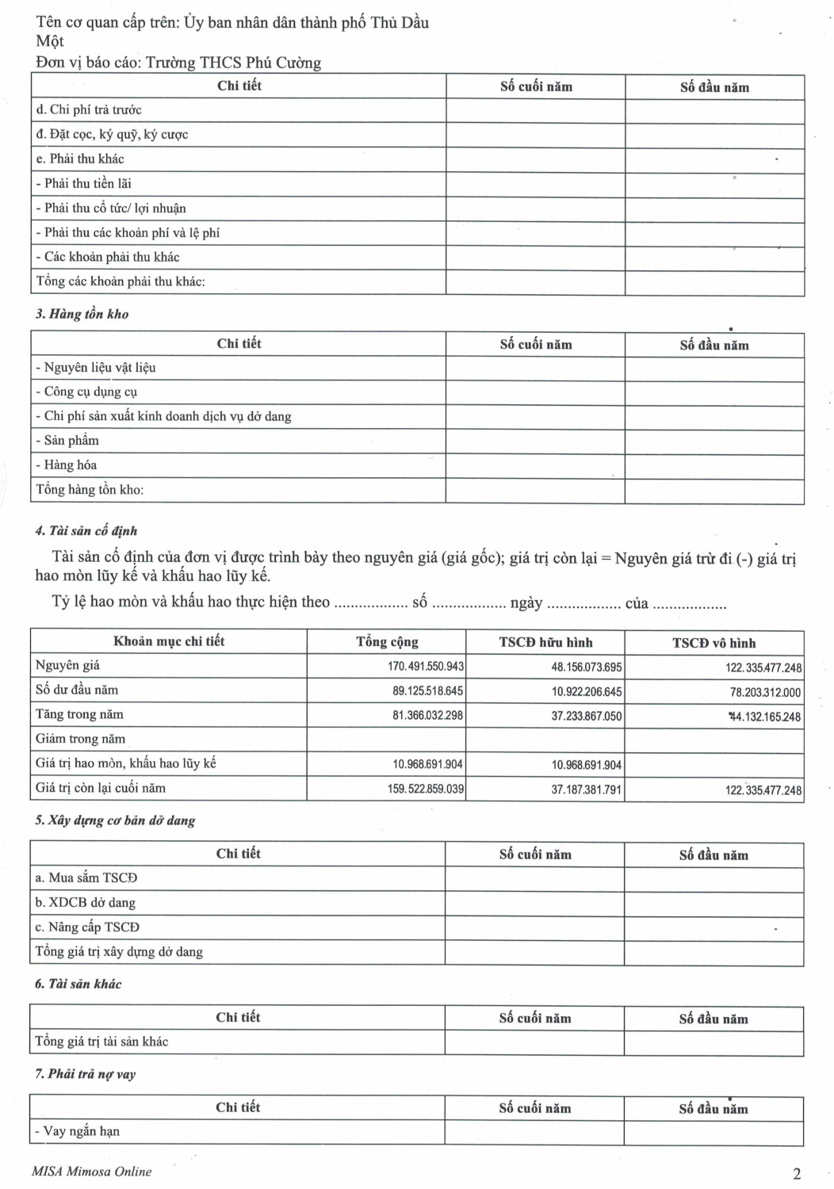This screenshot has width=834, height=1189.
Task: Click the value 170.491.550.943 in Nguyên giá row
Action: coord(426,667)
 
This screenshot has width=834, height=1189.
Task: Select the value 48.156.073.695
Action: coord(587,667)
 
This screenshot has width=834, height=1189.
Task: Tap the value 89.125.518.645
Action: coord(427,691)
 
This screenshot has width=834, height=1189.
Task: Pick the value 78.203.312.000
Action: coord(765,693)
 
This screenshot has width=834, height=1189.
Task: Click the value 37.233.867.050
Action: coord(587,717)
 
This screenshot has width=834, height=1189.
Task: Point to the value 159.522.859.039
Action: coord(426,789)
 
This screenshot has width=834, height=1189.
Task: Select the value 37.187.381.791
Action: coord(587,790)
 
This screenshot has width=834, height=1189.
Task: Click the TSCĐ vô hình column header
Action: coord(713,643)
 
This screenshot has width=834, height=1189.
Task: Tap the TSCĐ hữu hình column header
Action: coord(545,642)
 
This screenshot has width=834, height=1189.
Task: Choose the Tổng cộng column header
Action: coord(387,641)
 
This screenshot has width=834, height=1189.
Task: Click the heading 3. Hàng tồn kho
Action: coord(82,314)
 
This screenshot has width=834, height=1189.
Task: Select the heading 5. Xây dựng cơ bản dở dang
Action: coord(115,820)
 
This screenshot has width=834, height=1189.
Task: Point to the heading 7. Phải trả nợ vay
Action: coord(86,1074)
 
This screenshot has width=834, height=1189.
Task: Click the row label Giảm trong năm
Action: coord(80,739)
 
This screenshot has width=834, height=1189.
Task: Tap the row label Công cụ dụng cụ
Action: coord(90,392)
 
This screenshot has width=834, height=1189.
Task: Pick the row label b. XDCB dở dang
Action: coord(85,903)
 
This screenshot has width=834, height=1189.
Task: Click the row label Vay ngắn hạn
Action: coord(81,1131)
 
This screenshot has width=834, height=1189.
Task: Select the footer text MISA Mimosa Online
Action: coord(91,1172)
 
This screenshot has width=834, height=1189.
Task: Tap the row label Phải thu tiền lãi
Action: coord(87,184)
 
